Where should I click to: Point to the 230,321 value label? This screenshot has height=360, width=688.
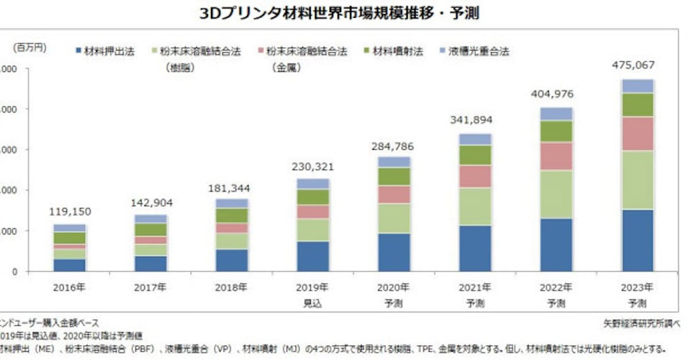tap(314, 167)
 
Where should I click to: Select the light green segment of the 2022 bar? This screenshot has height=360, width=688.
tap(557, 194)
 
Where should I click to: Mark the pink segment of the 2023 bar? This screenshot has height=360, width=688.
tap(638, 134)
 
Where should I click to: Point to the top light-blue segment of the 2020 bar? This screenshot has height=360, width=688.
tap(394, 162)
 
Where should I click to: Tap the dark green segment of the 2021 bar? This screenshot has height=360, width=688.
tap(475, 155)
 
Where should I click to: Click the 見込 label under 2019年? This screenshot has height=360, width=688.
tap(313, 303)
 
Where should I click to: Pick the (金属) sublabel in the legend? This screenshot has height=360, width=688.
tap(286, 68)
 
